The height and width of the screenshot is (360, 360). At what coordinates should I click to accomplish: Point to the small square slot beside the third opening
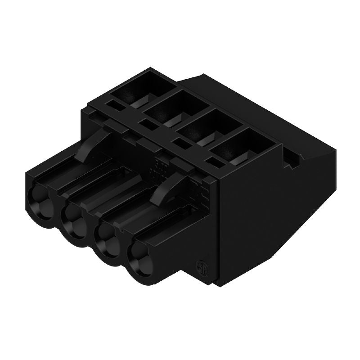180,143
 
